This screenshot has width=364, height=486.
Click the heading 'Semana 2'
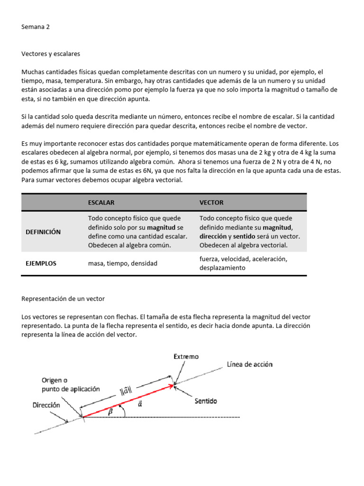[36, 27]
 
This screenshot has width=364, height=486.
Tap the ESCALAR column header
[101, 203]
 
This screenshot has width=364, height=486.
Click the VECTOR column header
[211, 203]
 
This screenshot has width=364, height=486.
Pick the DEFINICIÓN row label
[43, 232]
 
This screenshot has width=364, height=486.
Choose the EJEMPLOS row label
[41, 263]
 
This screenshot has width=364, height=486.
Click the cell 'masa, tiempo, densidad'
[122, 263]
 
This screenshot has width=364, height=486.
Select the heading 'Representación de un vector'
[63, 299]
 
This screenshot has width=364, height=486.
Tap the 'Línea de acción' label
[249, 364]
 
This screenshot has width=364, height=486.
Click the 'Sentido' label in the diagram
[206, 401]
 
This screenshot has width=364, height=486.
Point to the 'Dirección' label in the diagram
[46, 405]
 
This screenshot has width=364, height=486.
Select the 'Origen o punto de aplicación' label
[71, 384]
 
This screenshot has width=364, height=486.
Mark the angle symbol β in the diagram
[111, 412]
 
